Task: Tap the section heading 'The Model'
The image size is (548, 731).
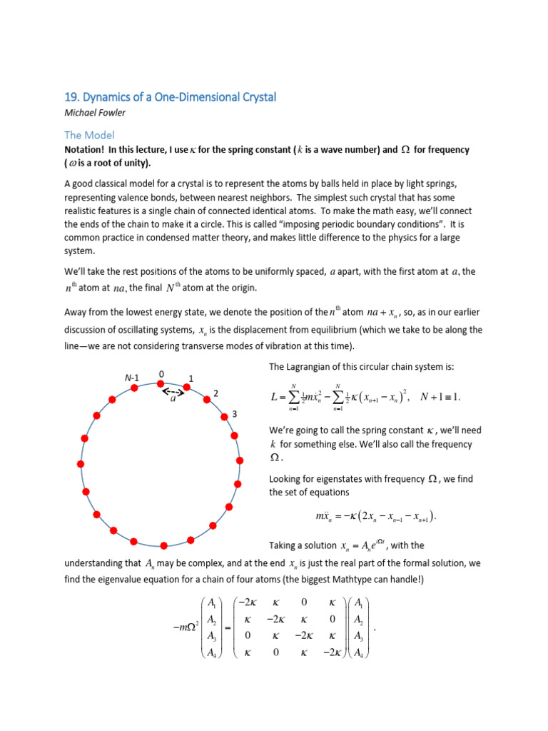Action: [x=89, y=135]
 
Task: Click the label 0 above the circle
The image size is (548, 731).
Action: [x=161, y=373]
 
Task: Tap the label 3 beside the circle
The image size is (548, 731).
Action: [x=234, y=415]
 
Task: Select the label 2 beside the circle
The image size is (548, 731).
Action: [x=215, y=393]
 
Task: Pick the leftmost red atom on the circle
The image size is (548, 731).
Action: [x=81, y=465]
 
